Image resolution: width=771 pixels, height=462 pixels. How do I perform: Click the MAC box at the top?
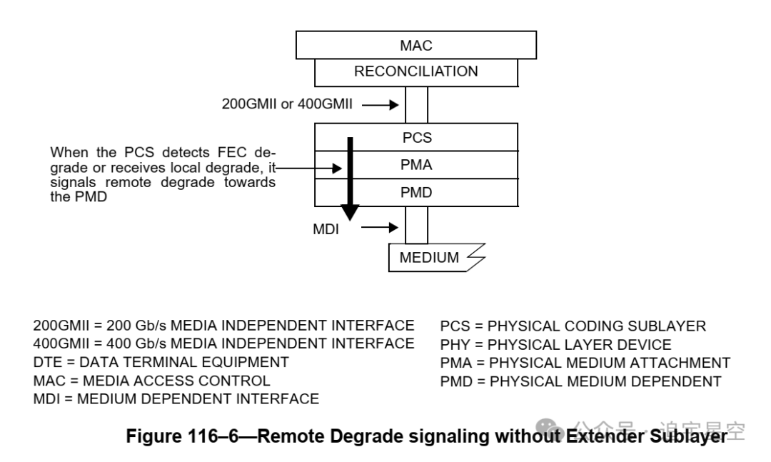click(416, 46)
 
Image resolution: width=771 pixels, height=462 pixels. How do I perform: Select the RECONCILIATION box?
click(416, 71)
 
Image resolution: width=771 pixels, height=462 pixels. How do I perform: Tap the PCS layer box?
click(416, 137)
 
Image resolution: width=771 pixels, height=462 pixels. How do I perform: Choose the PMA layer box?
click(416, 165)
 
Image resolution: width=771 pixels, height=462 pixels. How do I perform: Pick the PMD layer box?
click(416, 192)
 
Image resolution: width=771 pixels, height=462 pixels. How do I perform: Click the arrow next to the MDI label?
click(383, 228)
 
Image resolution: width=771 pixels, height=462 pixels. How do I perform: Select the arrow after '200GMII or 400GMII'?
click(383, 106)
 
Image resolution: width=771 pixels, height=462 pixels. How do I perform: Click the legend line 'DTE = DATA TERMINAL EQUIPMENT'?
click(161, 362)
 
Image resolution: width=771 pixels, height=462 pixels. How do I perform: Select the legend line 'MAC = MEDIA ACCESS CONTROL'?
click(151, 381)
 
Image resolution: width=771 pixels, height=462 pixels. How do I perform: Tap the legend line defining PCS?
click(573, 326)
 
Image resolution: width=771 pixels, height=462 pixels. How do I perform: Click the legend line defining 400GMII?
click(223, 343)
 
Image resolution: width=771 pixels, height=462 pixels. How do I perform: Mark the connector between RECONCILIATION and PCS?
click(416, 104)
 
